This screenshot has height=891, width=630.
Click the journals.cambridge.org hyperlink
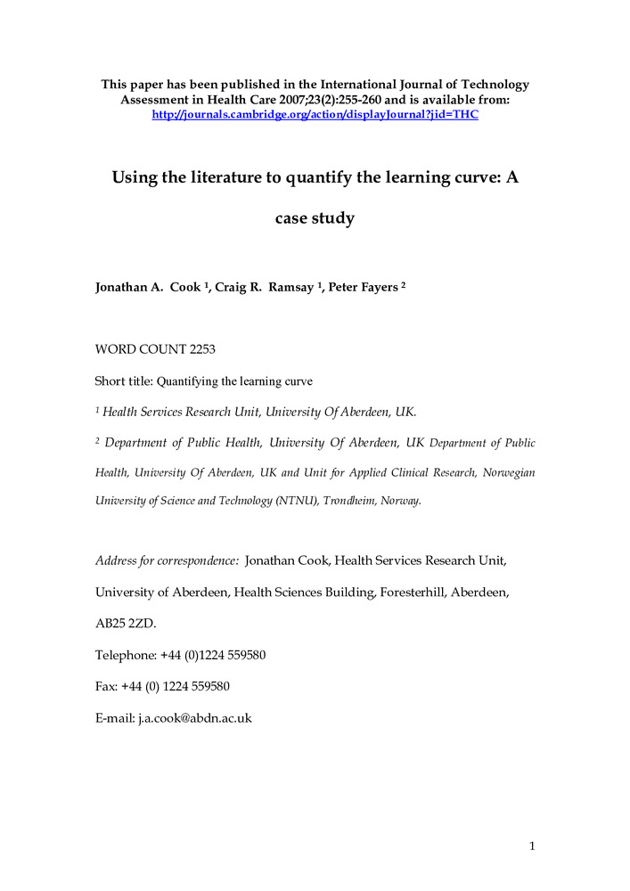point(315,115)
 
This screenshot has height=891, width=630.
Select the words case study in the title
point(315,217)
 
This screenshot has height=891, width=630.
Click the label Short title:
point(124,381)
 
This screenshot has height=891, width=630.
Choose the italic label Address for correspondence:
point(167,560)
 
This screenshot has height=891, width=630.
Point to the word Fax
point(106,686)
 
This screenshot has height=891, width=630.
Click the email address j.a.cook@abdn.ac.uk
point(194,717)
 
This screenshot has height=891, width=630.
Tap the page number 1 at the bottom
point(531,846)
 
